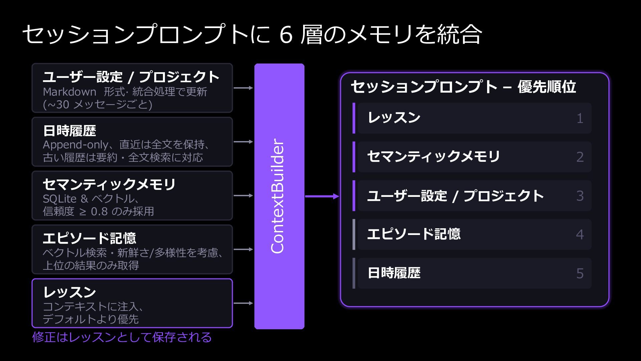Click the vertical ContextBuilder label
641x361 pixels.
point(278,196)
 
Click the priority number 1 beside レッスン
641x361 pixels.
point(580,118)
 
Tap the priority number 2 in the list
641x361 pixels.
point(580,157)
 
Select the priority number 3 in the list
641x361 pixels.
point(580,196)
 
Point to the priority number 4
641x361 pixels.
point(580,235)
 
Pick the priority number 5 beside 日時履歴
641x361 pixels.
point(580,273)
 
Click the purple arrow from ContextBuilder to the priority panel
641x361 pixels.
point(322,197)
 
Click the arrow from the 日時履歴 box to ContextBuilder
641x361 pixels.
point(243,142)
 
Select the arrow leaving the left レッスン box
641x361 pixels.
point(243,303)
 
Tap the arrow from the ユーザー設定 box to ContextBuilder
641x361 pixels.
point(243,88)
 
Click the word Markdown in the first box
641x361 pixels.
point(69,92)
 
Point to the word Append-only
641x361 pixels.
point(75,145)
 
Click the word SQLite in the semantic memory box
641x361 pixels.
point(60,199)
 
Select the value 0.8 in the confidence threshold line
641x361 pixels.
point(99,212)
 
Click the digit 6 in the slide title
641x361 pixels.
point(286,35)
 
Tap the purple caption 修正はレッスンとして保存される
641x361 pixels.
point(122,337)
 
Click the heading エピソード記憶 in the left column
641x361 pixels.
point(89,238)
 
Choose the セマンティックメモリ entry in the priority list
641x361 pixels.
point(434,156)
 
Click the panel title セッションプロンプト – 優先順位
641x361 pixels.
point(463,87)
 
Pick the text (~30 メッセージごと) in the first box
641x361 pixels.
point(97,105)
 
